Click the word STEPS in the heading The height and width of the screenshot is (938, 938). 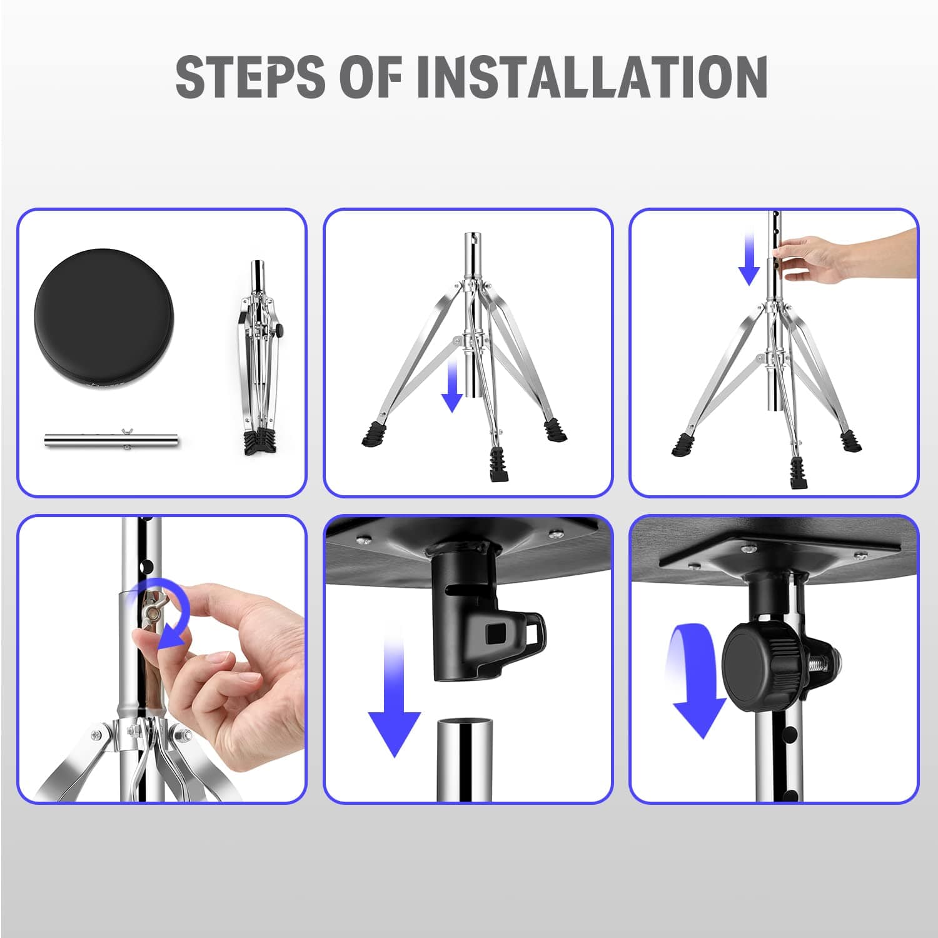tap(250, 76)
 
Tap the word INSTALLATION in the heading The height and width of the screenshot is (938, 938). tap(592, 76)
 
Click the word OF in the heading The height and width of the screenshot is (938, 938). tap(370, 76)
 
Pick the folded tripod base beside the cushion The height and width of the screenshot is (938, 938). tap(258, 357)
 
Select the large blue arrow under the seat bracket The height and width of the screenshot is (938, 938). tap(395, 700)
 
